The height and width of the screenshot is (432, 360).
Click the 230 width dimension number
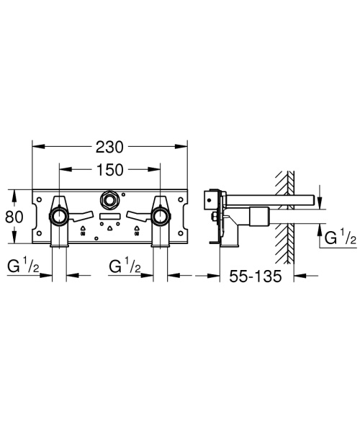coord(109,146)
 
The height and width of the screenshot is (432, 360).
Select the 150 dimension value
coord(109,171)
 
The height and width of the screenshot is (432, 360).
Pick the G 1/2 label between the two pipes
coord(124,269)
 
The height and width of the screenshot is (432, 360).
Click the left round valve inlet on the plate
coord(58,216)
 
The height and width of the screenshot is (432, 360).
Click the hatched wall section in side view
coord(287,216)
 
